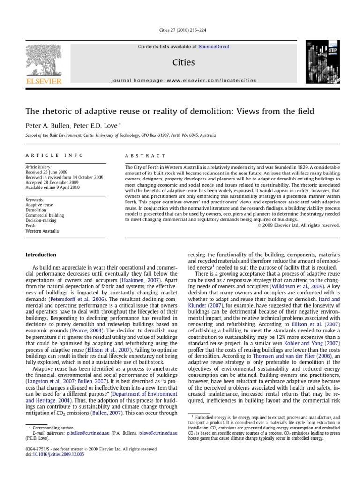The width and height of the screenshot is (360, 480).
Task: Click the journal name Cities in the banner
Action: coord(184,62)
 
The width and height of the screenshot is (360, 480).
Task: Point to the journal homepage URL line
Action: coord(184,80)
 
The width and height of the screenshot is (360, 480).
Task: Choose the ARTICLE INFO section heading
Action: coord(54,155)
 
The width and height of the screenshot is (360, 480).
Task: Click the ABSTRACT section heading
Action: coord(145,155)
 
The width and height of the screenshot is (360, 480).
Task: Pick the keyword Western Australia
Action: coord(42,231)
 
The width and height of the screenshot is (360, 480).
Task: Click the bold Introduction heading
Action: coord(40,255)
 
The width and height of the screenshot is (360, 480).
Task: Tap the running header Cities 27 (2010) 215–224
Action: coord(180,31)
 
